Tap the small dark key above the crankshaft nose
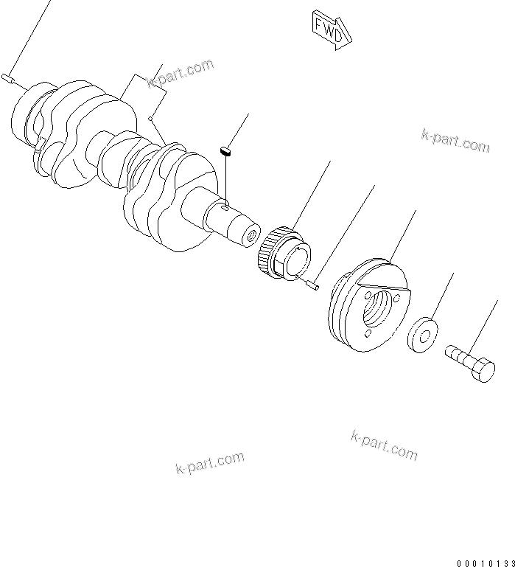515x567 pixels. pos(227,152)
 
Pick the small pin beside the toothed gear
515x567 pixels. pos(312,282)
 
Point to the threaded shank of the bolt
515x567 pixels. pos(458,358)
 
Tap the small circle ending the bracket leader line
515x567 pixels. pos(150,117)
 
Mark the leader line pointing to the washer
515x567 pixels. pos(441,295)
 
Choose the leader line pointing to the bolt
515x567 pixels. pos(489,325)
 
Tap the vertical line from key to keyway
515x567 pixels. pos(228,181)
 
